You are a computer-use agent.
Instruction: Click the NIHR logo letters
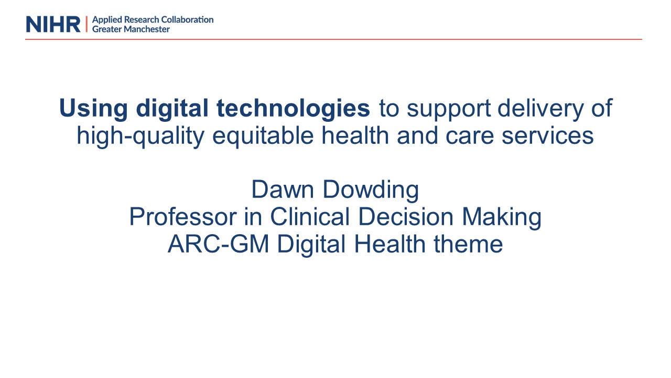pyautogui.click(x=53, y=24)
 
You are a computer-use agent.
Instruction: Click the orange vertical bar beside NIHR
pyautogui.click(x=86, y=24)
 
